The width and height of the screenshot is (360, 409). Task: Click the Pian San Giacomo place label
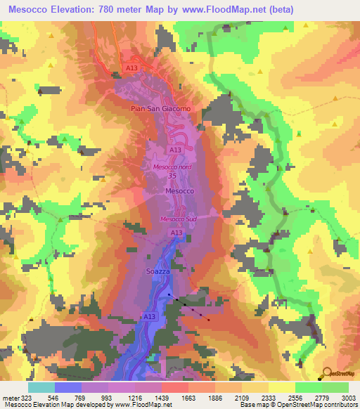coord(160,109)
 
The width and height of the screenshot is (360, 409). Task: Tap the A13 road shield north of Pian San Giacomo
coord(131,67)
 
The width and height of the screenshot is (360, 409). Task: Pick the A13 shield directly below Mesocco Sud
coord(176,233)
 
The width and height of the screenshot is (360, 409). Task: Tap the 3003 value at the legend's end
coord(348,397)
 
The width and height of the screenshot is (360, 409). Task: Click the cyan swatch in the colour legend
coord(41,387)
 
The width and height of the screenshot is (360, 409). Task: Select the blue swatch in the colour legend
coord(67,387)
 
